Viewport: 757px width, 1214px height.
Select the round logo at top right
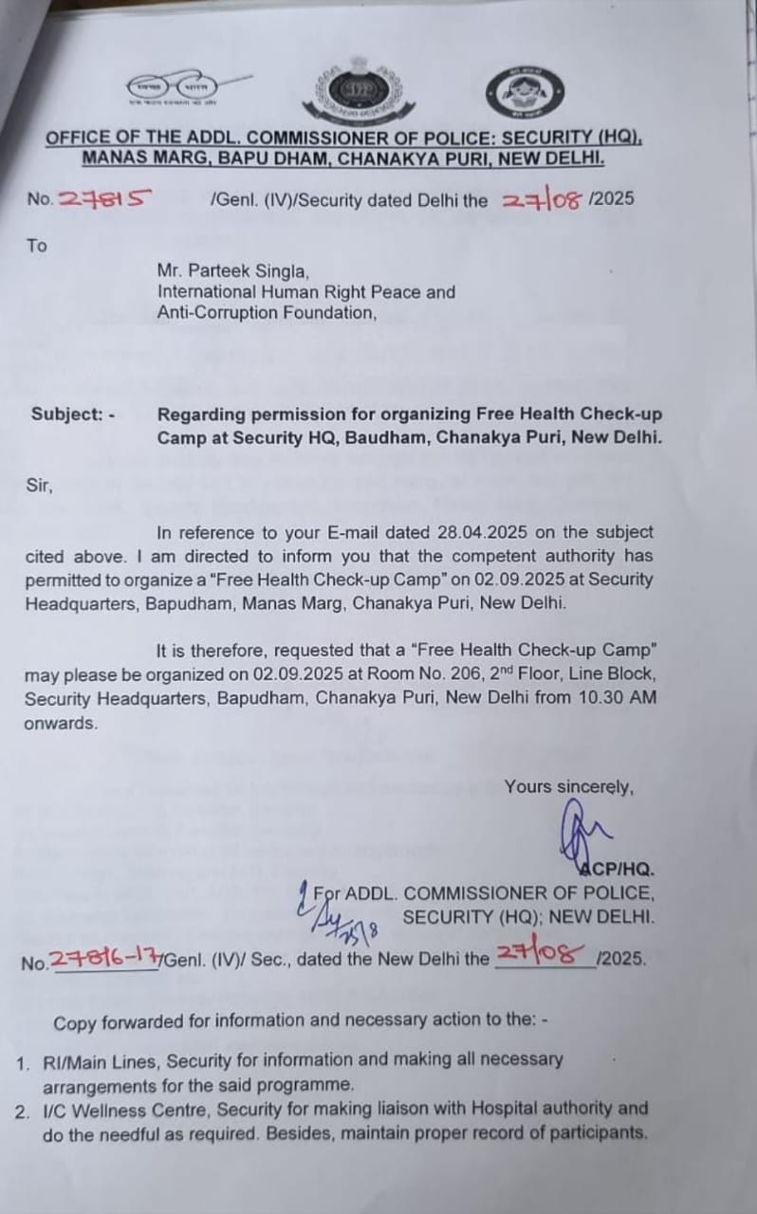(518, 93)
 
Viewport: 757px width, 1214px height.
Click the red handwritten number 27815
(104, 199)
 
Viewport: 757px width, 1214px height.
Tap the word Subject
(65, 414)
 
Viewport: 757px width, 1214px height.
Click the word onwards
(61, 722)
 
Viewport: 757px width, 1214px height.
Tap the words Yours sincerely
(568, 786)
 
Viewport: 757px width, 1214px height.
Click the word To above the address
(36, 246)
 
